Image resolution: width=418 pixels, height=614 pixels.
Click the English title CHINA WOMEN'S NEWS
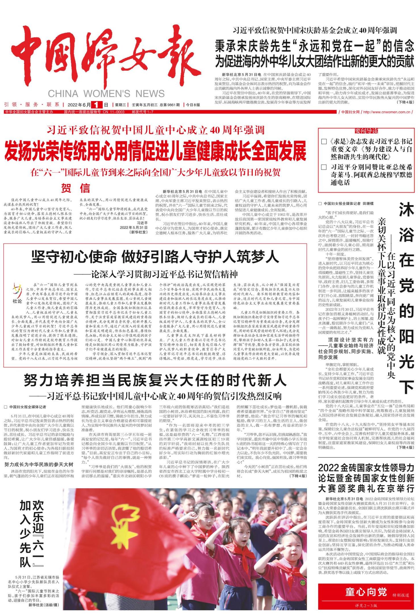click(106, 94)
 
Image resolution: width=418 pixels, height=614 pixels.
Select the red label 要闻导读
click(366, 131)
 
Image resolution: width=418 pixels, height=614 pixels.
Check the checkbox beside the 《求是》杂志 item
click(324, 141)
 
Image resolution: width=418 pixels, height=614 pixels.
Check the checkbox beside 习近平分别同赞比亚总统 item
click(324, 167)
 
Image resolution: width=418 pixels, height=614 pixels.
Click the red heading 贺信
click(76, 188)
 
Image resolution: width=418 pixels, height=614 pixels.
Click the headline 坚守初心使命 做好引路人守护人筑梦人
click(155, 257)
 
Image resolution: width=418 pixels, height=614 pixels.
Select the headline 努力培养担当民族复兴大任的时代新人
click(155, 380)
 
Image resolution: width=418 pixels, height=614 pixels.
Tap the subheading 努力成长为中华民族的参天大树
click(39, 464)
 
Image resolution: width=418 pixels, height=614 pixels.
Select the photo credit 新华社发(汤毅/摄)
click(44, 605)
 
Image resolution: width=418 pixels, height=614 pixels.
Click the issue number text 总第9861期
click(170, 105)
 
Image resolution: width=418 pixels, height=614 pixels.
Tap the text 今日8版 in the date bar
click(193, 105)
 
